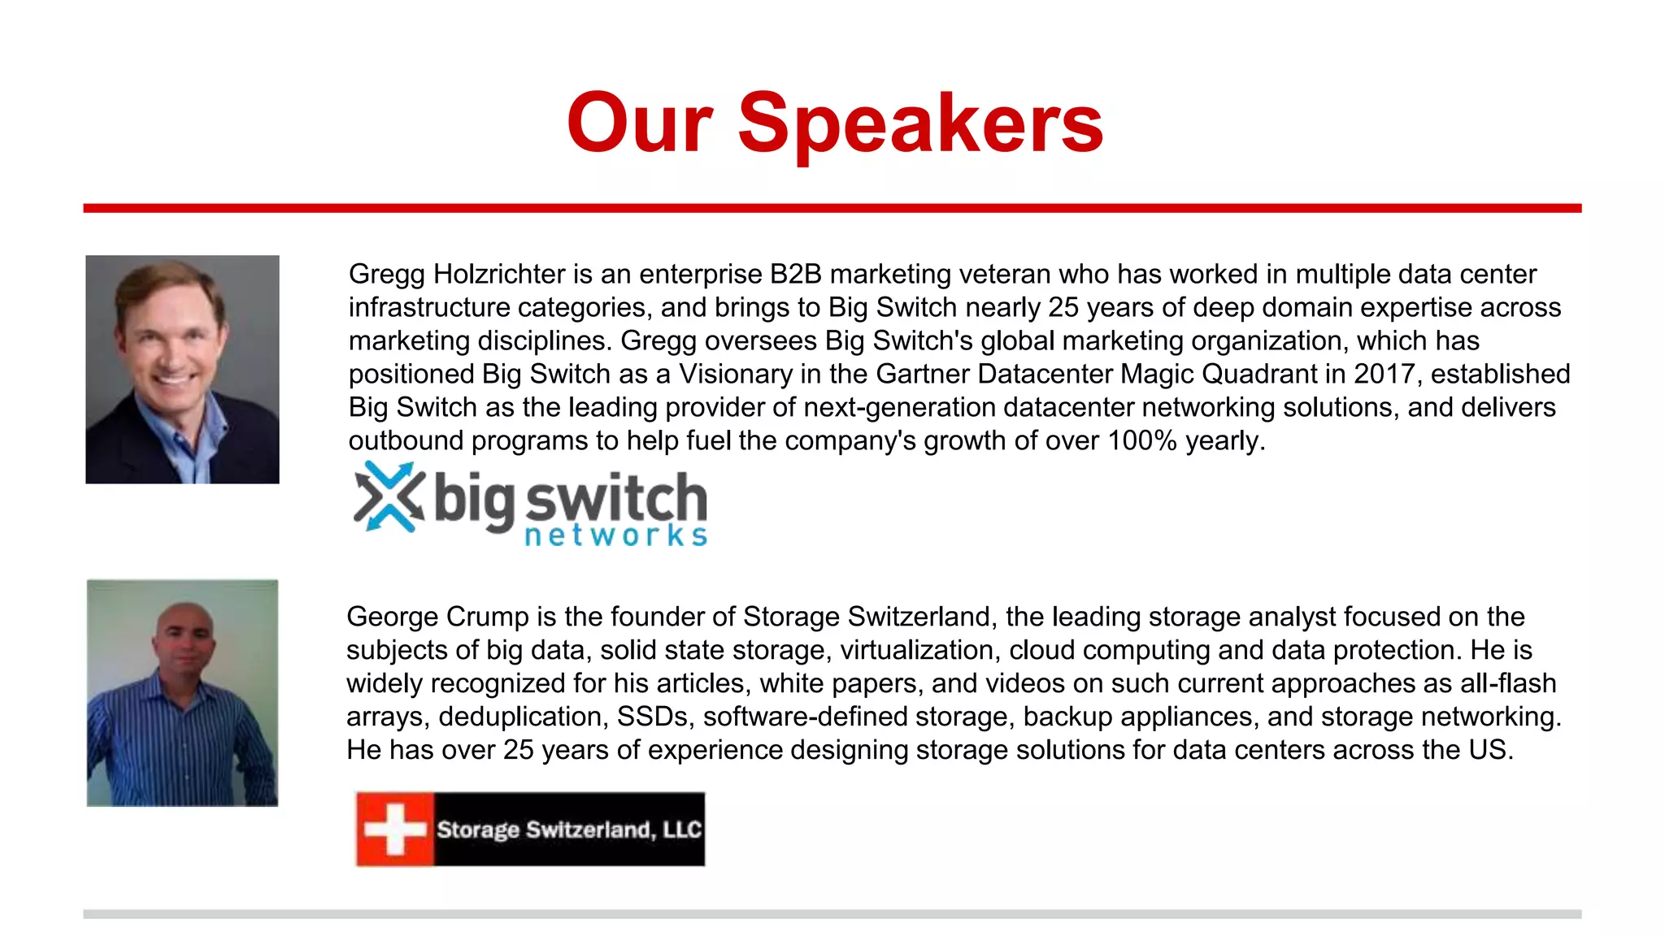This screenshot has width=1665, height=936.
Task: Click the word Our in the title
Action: pyautogui.click(x=640, y=123)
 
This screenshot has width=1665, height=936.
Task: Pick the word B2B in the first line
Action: pyautogui.click(x=796, y=275)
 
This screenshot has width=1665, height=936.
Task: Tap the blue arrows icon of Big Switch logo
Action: pyautogui.click(x=389, y=496)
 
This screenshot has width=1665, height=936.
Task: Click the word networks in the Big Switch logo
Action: pyautogui.click(x=615, y=535)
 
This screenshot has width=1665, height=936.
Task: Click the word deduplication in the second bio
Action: pyautogui.click(x=523, y=717)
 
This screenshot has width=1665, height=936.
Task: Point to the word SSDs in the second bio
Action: pyautogui.click(x=655, y=717)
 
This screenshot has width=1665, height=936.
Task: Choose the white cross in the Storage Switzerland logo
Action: pyautogui.click(x=395, y=829)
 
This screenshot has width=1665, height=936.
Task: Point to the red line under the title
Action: pyautogui.click(x=832, y=209)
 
